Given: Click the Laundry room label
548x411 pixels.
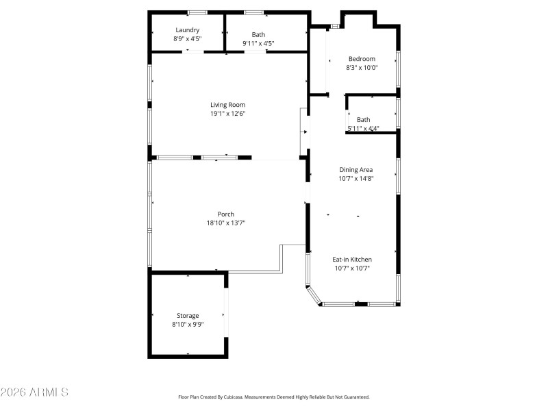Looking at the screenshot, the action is (x=187, y=30).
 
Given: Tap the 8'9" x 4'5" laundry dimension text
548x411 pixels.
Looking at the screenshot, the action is (x=187, y=39).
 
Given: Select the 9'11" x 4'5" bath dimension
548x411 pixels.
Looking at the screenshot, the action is (x=258, y=43).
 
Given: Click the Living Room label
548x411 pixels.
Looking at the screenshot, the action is (x=227, y=105).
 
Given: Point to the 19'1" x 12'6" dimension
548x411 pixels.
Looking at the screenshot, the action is (x=227, y=114).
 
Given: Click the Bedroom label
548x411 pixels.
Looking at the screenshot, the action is (x=362, y=59).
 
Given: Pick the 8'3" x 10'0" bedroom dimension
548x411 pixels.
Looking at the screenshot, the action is (x=362, y=67).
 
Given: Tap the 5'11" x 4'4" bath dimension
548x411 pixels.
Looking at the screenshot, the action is (x=363, y=128).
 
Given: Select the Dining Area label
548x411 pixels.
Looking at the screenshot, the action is (x=356, y=170).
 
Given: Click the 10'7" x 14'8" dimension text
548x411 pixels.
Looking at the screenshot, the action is (x=356, y=179).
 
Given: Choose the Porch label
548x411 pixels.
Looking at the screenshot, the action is (x=226, y=214).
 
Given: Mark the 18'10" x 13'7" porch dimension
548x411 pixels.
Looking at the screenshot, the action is (x=226, y=223).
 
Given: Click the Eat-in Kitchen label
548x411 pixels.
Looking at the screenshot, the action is (x=352, y=260).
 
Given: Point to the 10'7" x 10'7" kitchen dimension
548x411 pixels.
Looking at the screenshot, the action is (x=352, y=269).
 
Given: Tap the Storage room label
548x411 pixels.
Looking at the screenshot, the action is (x=188, y=316).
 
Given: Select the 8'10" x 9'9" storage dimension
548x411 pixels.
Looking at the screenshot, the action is (x=188, y=325).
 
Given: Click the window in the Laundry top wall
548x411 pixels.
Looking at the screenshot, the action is (x=197, y=13).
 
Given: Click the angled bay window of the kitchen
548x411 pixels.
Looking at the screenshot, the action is (x=314, y=296).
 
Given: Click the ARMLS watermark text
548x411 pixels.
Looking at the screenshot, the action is (x=34, y=392).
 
